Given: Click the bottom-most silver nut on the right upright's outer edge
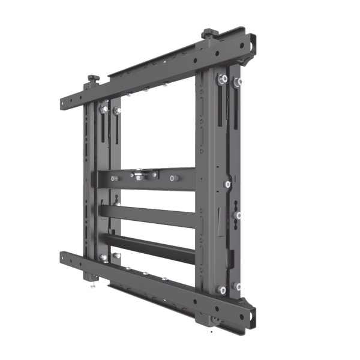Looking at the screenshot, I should pyautogui.click(x=238, y=287).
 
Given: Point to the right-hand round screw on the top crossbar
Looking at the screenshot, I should pyautogui.click(x=173, y=178).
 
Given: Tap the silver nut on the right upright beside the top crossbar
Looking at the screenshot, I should pyautogui.click(x=227, y=184).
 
